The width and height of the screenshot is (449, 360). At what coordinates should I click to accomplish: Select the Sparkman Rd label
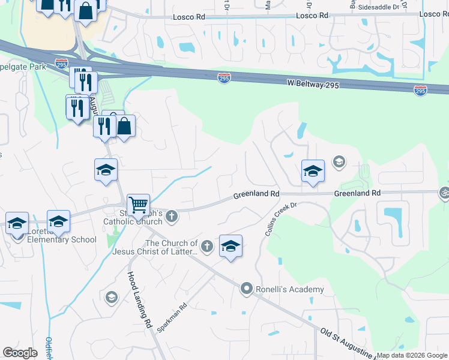pyautogui.click(x=172, y=318)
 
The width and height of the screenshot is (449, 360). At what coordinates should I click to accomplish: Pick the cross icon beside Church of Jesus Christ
pyautogui.click(x=206, y=245)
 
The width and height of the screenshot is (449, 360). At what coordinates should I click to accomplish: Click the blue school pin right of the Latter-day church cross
pyautogui.click(x=231, y=246)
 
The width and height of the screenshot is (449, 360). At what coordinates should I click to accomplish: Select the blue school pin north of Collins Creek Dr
pyautogui.click(x=313, y=172)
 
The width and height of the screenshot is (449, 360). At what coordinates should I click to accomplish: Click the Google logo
pyautogui.click(x=20, y=353)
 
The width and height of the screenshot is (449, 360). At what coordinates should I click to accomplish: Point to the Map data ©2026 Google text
pyautogui.click(x=412, y=355)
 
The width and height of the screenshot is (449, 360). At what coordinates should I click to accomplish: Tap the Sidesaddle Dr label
pyautogui.click(x=378, y=7)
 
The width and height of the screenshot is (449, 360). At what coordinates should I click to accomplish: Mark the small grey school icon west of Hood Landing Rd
pyautogui.click(x=111, y=297)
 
